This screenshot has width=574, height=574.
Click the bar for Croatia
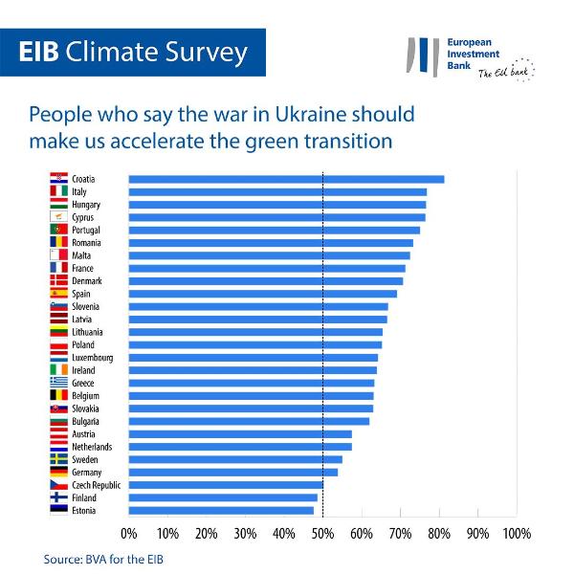[x=286, y=179]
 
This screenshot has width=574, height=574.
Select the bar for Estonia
[x=221, y=510]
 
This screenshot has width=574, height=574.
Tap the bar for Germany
[x=233, y=472]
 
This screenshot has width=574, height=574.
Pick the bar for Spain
[x=262, y=294]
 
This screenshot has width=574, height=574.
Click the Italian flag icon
[x=57, y=191]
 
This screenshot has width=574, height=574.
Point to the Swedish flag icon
[x=57, y=459]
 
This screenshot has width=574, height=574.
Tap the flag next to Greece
[x=57, y=383]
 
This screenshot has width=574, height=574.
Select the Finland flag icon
[x=57, y=497]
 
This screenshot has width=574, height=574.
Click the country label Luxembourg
[x=92, y=358]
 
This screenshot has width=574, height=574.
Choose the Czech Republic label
[x=97, y=485]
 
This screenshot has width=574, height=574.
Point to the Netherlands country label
[x=92, y=447]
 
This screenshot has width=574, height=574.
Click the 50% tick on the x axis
[x=322, y=533]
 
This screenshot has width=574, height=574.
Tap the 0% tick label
[x=129, y=533]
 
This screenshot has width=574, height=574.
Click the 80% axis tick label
[x=439, y=533]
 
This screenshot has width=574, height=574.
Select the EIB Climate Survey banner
[x=133, y=52]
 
